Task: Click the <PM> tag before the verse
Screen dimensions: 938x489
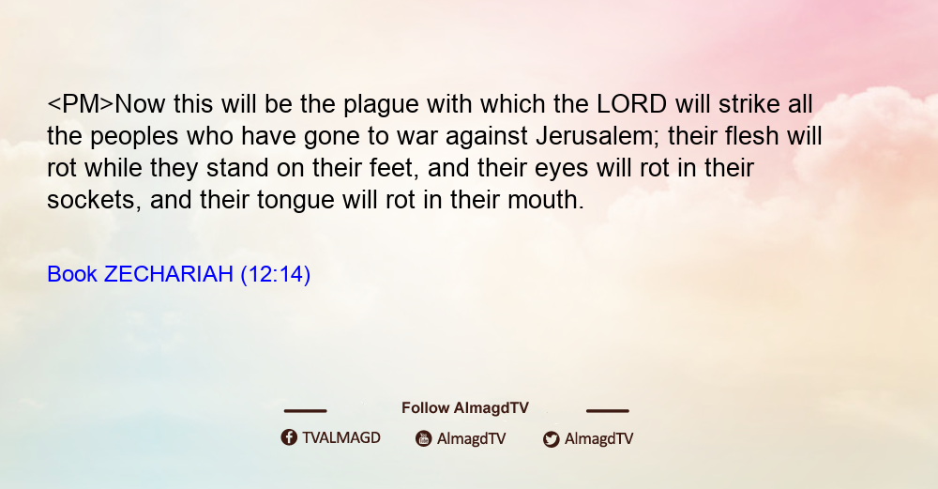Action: pyautogui.click(x=80, y=104)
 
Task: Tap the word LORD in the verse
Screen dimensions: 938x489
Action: pyautogui.click(x=631, y=104)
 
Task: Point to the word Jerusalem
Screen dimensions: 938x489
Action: pyautogui.click(x=596, y=136)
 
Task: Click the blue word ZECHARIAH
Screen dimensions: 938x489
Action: pyautogui.click(x=169, y=274)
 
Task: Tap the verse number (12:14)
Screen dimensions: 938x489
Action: pyautogui.click(x=275, y=275)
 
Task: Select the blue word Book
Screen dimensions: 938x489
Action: pyautogui.click(x=72, y=274)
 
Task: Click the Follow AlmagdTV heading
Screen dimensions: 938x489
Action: pyautogui.click(x=465, y=407)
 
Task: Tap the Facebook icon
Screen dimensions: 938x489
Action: pyautogui.click(x=289, y=437)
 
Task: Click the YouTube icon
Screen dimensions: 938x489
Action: pyautogui.click(x=424, y=438)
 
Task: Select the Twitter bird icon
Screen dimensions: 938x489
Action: pyautogui.click(x=551, y=439)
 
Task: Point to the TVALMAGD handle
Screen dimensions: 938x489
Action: pyautogui.click(x=341, y=437)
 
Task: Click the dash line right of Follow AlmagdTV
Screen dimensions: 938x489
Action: pyautogui.click(x=607, y=410)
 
